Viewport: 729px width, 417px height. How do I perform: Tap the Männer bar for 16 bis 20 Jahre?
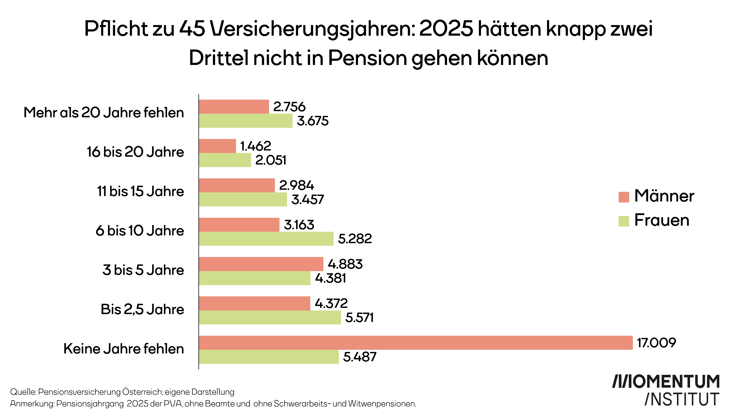click(x=217, y=146)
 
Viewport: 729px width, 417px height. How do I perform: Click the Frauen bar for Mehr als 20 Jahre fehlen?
click(x=246, y=121)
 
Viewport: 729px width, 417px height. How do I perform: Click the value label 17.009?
click(x=656, y=343)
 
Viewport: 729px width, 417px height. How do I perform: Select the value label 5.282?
click(x=355, y=239)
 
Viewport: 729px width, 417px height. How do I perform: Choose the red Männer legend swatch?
click(x=624, y=197)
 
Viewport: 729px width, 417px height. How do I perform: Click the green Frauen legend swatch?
click(x=624, y=221)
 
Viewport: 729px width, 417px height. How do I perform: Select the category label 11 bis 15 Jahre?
click(x=140, y=191)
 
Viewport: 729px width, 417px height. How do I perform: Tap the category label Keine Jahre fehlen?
click(x=124, y=349)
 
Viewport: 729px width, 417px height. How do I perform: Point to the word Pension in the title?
click(x=367, y=58)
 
